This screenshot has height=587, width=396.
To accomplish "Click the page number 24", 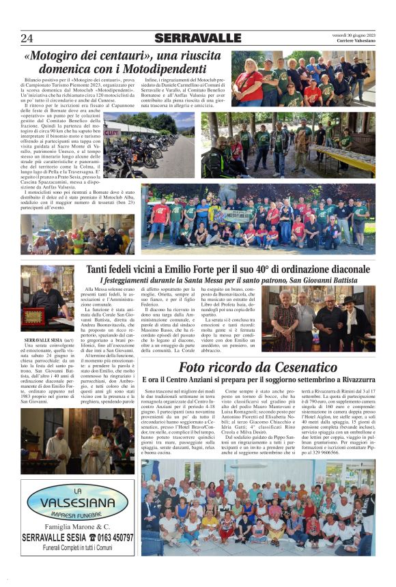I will [x=27, y=38].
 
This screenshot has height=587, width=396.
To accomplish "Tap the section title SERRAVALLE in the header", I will [x=197, y=38].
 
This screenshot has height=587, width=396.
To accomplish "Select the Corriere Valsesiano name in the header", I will [x=356, y=41].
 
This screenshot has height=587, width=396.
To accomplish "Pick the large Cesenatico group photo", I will [x=257, y=506].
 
